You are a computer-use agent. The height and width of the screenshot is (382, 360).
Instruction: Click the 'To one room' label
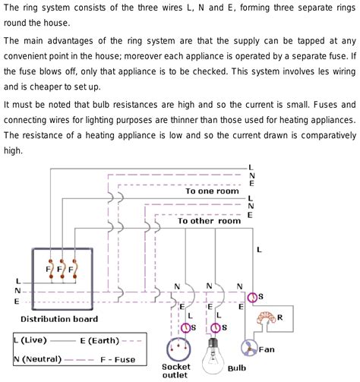click(213, 192)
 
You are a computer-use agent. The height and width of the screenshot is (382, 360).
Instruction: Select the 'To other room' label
click(209, 221)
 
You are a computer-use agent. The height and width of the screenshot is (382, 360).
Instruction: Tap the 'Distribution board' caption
click(59, 318)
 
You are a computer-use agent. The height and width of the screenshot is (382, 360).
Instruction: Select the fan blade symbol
click(250, 347)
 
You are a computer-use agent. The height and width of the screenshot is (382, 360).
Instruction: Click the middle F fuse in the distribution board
click(60, 269)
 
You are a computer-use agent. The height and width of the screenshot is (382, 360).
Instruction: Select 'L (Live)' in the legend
click(33, 339)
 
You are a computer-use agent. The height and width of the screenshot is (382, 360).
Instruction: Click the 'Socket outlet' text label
click(177, 371)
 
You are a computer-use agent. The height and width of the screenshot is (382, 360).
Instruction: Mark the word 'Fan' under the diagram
click(267, 349)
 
